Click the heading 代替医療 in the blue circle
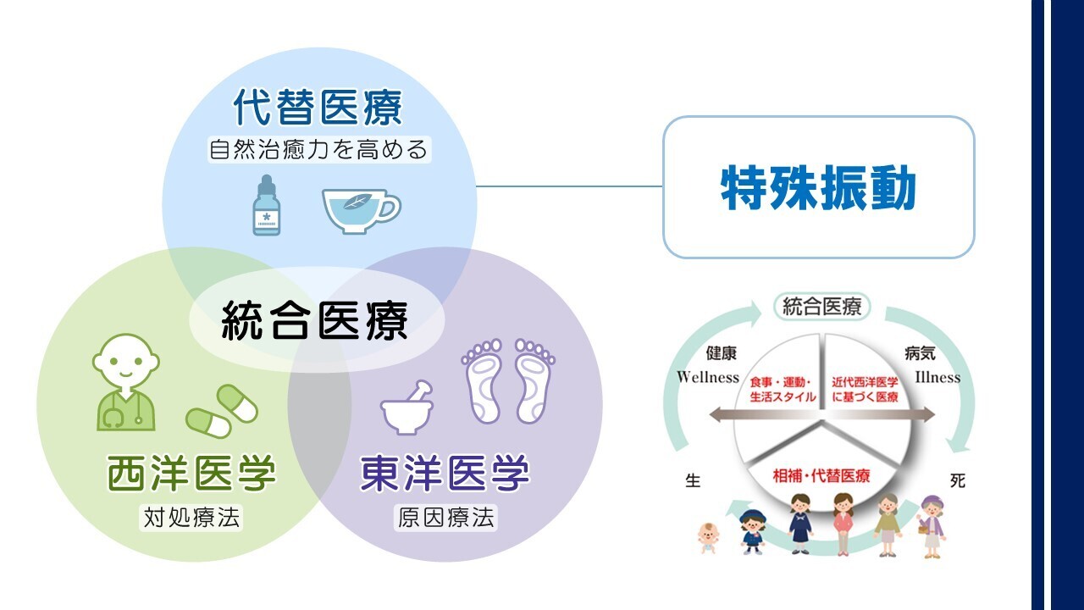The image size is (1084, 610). point(318,107)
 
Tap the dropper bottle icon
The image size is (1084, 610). point(266,205)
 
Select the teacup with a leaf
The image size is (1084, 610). point(361,212)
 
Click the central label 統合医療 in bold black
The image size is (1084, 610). point(314,320)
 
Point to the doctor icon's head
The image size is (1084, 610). point(126,359)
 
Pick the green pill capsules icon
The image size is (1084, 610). point(222,411)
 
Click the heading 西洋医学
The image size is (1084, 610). point(191,473)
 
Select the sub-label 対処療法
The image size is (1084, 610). point(191,518)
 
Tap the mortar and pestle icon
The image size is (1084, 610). point(406,408)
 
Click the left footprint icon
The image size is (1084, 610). point(482,381)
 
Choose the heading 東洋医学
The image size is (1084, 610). point(445,473)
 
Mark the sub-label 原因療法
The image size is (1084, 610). point(445,518)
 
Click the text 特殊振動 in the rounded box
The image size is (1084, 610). point(818,187)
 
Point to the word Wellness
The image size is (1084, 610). point(708,377)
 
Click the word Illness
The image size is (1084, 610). point(937,377)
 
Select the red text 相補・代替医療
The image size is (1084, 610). point(821,475)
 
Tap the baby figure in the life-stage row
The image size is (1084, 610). point(708,538)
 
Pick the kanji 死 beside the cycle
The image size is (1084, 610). point(958,480)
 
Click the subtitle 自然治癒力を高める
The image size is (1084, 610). point(318,149)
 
